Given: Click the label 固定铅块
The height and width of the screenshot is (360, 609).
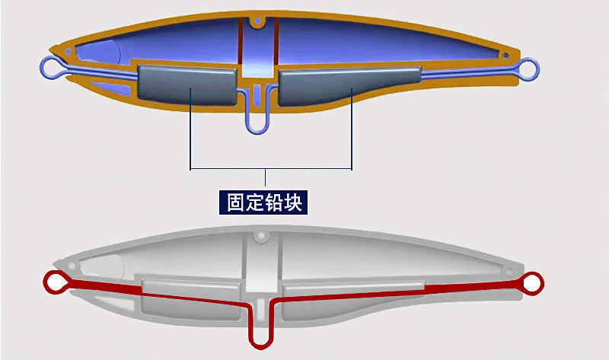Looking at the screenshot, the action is point(263,202).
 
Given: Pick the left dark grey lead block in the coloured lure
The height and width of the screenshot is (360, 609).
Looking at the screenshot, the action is point(187,85).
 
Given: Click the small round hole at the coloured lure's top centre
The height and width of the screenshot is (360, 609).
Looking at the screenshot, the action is point(257,21).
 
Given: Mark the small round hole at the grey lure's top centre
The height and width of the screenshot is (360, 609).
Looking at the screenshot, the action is point(261,235).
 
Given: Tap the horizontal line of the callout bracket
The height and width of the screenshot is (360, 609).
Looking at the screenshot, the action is point(271,169).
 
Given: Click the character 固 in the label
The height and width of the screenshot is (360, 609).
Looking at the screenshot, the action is point(235,202).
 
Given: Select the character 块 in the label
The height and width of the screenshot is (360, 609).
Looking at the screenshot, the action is point(292,202).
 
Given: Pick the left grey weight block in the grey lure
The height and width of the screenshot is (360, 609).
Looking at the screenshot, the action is point(191,299).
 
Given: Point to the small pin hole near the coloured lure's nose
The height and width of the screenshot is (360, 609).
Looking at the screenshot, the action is point(69,51).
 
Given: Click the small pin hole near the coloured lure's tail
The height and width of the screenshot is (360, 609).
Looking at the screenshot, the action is point(505,56).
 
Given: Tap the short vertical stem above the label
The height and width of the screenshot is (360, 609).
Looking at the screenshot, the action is point(265,178).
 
